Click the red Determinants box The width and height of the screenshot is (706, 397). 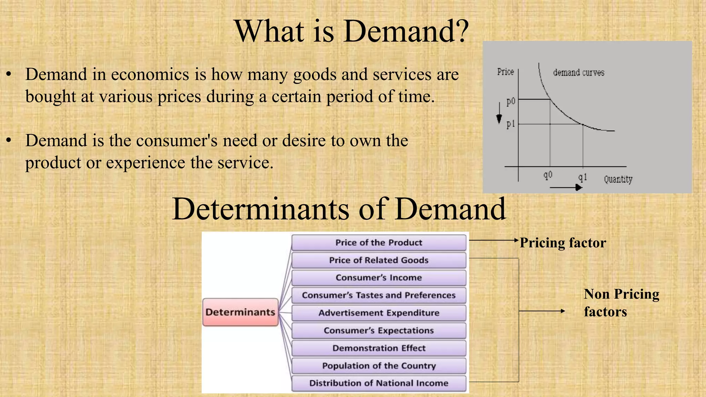point(240,312)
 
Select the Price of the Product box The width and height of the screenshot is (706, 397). point(379,243)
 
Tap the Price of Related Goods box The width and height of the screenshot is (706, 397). point(379,260)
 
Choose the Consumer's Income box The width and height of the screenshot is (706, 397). point(379,278)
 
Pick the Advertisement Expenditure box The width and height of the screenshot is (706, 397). point(379,313)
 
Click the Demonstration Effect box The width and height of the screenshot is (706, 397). point(379,348)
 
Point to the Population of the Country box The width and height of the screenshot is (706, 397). point(379,366)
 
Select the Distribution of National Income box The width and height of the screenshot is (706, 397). point(379,383)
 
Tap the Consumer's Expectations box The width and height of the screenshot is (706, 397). point(379,330)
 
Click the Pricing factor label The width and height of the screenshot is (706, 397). point(563,243)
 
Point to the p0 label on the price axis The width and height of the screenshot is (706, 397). point(511,101)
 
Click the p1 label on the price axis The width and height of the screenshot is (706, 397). point(511,124)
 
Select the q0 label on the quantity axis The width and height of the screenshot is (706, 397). point(548,175)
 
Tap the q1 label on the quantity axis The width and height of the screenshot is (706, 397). point(582,177)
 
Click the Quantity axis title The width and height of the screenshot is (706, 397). point(618,179)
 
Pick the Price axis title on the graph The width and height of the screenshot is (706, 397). point(505,72)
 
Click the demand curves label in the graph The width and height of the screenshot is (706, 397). point(578,73)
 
